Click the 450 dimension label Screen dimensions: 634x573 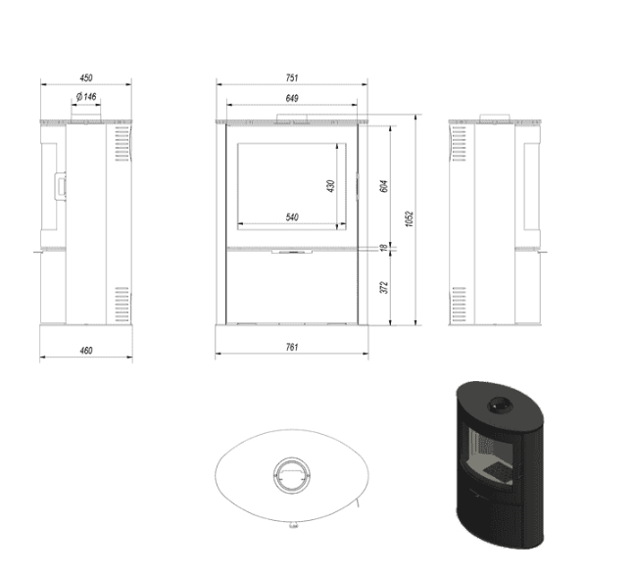click(x=86, y=77)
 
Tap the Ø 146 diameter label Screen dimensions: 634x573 click(x=86, y=97)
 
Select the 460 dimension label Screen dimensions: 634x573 click(x=86, y=351)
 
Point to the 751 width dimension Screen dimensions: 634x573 click(x=292, y=77)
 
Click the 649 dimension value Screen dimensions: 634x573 click(x=292, y=98)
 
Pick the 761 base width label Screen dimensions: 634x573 click(x=292, y=347)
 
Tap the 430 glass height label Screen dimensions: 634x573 click(x=331, y=186)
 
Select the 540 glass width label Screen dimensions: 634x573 click(x=292, y=217)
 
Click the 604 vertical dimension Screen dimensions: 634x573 click(x=384, y=186)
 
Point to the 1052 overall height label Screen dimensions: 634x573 click(x=410, y=218)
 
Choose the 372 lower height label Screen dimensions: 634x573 click(x=384, y=287)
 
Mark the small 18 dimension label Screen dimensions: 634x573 click(x=384, y=247)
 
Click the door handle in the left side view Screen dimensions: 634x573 click(x=60, y=186)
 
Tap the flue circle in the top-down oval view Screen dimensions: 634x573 click(x=292, y=475)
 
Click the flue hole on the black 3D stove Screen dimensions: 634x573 click(x=501, y=405)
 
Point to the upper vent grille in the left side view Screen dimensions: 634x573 click(x=122, y=144)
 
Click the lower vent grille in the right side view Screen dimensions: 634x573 click(x=459, y=305)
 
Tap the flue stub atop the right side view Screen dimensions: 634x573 click(x=495, y=118)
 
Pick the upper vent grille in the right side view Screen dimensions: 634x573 click(x=459, y=144)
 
